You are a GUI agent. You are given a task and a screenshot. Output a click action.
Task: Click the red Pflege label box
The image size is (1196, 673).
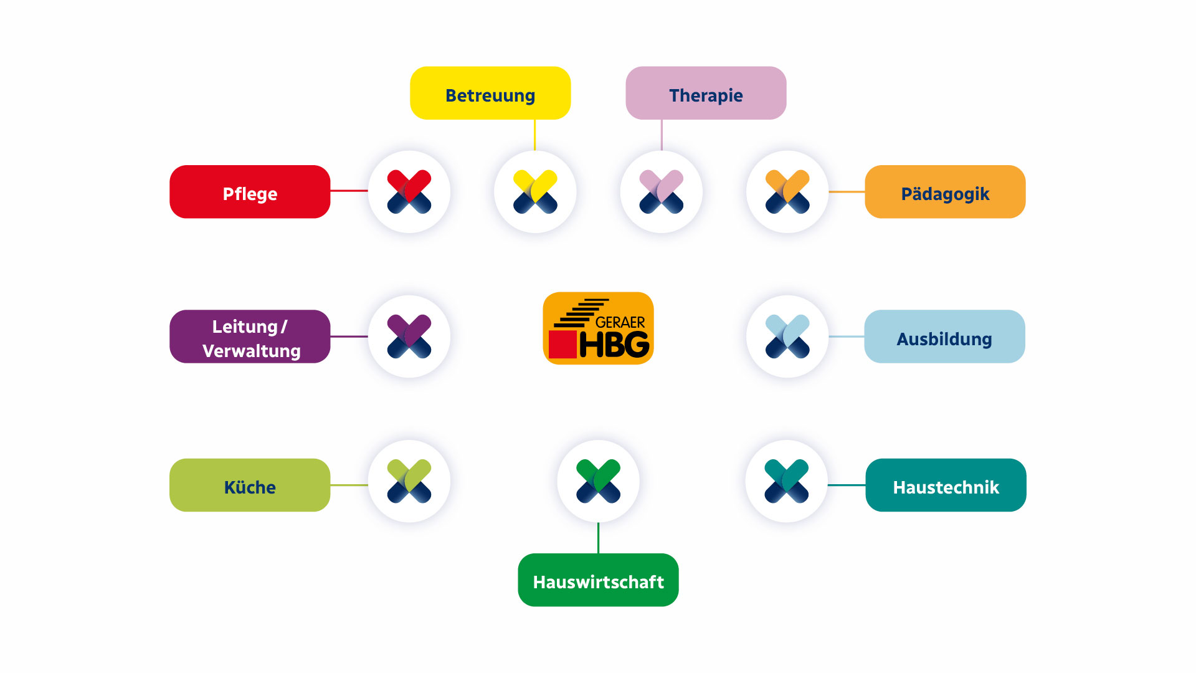250,192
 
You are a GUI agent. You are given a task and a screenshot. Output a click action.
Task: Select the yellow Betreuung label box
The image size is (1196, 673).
490,93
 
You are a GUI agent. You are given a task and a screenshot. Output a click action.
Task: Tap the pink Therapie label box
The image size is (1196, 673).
706,93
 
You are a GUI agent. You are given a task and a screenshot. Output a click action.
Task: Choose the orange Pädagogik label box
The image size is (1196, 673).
945,192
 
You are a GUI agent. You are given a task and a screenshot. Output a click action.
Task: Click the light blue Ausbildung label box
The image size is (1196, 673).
944,336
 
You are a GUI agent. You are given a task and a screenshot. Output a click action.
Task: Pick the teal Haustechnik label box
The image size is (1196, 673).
946,485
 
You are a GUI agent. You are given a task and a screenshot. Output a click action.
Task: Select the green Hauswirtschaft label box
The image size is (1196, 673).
598,580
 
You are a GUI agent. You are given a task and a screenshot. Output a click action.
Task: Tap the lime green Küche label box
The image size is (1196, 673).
250,485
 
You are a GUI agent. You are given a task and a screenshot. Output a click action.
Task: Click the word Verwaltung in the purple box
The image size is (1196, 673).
252,351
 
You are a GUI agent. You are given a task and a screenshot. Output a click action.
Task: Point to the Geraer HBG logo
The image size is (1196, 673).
598,328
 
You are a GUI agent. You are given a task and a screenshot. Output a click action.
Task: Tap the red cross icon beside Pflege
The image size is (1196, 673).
409,192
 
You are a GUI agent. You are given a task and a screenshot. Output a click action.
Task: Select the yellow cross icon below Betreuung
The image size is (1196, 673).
535,192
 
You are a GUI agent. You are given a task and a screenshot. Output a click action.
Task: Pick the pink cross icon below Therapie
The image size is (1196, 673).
662,192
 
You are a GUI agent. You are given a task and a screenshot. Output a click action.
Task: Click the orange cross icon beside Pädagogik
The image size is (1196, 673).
787,192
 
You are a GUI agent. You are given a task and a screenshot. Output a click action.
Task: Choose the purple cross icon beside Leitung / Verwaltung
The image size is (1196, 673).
409,336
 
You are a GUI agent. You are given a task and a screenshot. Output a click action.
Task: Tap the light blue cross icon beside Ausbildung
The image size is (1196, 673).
787,336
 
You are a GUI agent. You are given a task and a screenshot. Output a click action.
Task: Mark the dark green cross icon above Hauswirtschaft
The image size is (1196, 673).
598,481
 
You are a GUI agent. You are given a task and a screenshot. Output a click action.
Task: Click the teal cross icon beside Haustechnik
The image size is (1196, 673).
787,481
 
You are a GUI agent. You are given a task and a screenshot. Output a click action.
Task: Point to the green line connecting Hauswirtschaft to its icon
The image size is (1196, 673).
598,538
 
